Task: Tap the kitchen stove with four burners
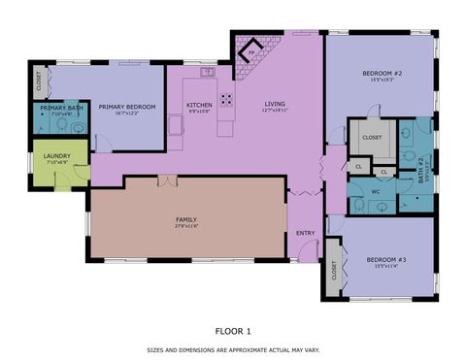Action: [x=226, y=98]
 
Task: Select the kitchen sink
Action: [x=207, y=72]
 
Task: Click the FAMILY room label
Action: [x=186, y=220]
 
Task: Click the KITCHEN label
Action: [x=199, y=105]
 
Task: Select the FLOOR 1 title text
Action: [x=232, y=331]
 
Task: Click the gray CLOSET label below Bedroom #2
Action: [x=372, y=138]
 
